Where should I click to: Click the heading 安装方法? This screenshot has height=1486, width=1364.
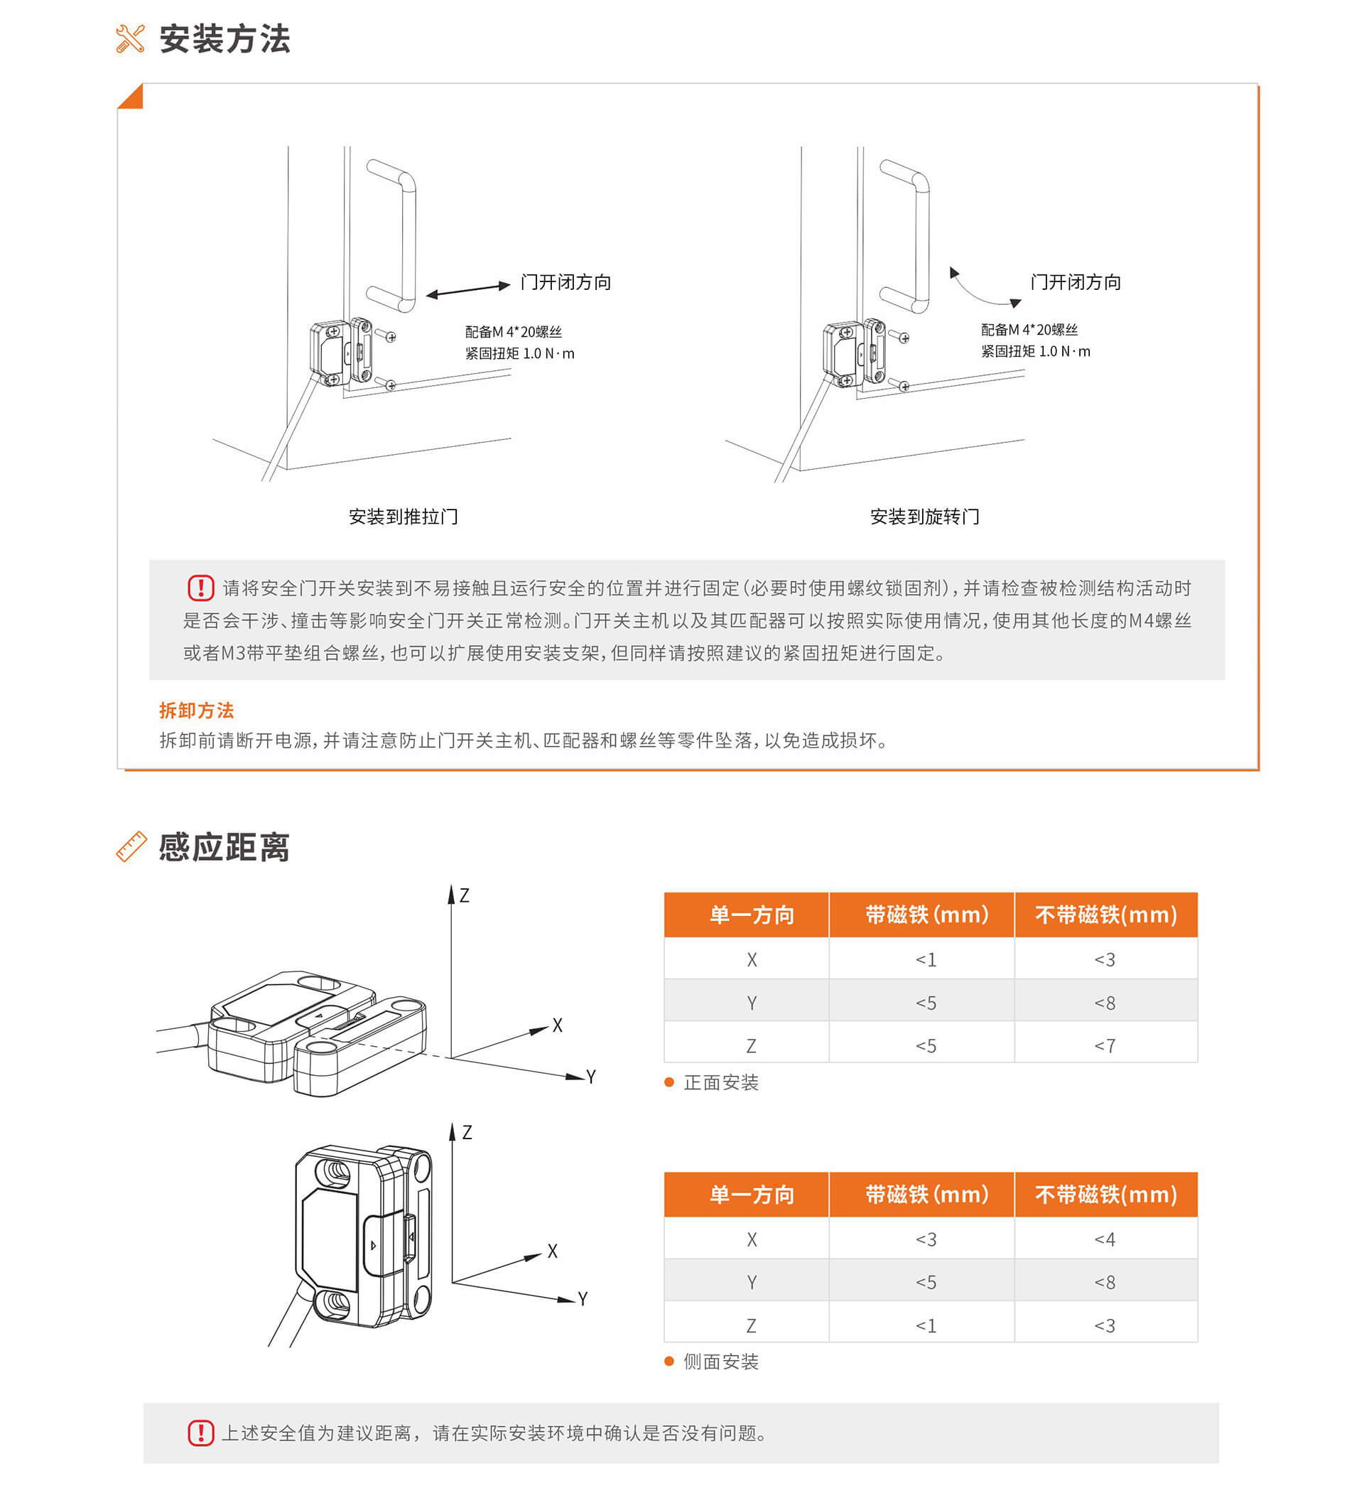click(x=225, y=38)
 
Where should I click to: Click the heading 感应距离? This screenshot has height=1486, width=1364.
click(x=224, y=846)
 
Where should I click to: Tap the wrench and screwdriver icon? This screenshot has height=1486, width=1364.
click(x=131, y=39)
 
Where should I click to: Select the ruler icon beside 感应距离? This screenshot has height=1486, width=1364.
click(x=131, y=846)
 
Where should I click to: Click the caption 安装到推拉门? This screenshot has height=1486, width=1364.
click(x=404, y=517)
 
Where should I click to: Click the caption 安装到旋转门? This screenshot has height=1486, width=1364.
click(x=925, y=517)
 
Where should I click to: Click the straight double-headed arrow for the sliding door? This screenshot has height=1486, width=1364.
click(x=468, y=289)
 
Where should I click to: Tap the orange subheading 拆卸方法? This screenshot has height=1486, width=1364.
click(x=197, y=710)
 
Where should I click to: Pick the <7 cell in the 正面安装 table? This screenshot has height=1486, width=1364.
click(x=1105, y=1046)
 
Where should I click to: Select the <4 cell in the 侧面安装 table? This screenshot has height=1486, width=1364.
click(x=1105, y=1239)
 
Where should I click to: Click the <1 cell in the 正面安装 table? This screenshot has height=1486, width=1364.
click(x=926, y=959)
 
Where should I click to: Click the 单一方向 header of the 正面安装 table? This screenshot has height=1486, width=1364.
click(x=752, y=915)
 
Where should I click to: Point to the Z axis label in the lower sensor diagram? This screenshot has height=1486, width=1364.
click(x=467, y=1132)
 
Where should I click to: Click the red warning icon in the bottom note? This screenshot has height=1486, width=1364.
click(x=201, y=1433)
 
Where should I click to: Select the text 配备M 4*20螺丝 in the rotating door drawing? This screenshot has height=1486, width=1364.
click(x=1029, y=330)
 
